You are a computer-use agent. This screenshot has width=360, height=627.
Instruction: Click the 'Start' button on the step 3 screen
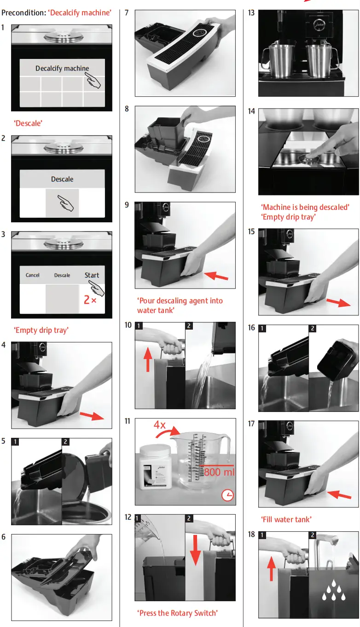[92, 275]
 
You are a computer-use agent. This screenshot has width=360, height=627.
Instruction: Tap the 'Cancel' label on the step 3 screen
[32, 275]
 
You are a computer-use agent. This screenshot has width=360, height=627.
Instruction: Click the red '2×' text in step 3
[90, 300]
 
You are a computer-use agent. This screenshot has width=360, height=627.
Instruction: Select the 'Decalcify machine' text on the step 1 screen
[62, 69]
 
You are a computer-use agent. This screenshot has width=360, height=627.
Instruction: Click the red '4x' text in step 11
[160, 425]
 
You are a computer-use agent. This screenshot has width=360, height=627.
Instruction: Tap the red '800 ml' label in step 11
[219, 472]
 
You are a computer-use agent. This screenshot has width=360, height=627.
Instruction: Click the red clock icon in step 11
[227, 495]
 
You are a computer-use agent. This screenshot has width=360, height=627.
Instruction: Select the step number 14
[251, 111]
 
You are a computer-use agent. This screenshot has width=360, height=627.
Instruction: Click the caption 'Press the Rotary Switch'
[178, 613]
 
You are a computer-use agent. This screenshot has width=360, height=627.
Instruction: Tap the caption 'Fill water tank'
[286, 519]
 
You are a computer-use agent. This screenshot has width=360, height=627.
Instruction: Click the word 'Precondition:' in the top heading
[23, 13]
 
